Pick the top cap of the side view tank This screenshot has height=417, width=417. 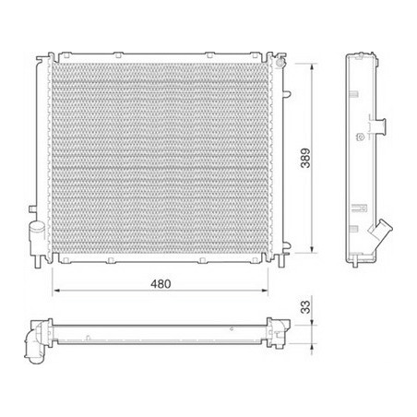[x=364, y=58]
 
